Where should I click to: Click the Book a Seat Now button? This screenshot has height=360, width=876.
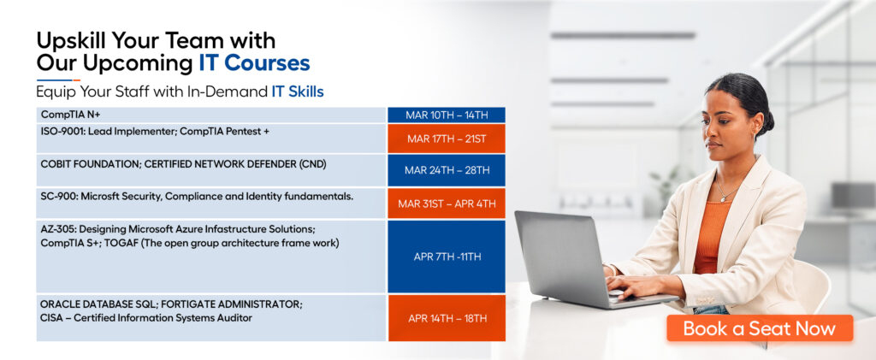760,328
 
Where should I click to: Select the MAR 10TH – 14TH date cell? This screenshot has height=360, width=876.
447,115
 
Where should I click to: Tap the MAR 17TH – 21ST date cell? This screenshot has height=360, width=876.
447,139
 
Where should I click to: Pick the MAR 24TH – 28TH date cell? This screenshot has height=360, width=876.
447,170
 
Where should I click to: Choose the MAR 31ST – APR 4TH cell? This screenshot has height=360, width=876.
447,204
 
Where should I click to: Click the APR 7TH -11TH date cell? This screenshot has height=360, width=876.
447,257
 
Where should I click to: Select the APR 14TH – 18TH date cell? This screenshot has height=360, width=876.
447,318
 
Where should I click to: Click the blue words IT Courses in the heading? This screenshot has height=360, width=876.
254,63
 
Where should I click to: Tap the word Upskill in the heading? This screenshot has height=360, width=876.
71,42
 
